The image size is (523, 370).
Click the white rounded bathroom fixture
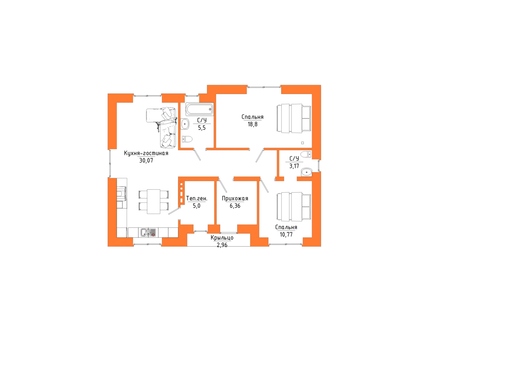coord(190,109)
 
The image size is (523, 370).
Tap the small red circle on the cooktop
coord(153,235)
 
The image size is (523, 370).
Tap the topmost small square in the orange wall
coord(181,185)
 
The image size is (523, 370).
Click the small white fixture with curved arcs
coord(211,110)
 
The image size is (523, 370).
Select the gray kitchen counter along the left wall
coord(123,206)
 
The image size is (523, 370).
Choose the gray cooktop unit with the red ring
coord(148,233)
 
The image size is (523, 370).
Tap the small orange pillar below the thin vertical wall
coord(280,178)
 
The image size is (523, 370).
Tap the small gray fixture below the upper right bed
coord(304,155)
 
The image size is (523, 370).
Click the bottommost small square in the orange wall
coord(181,200)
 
